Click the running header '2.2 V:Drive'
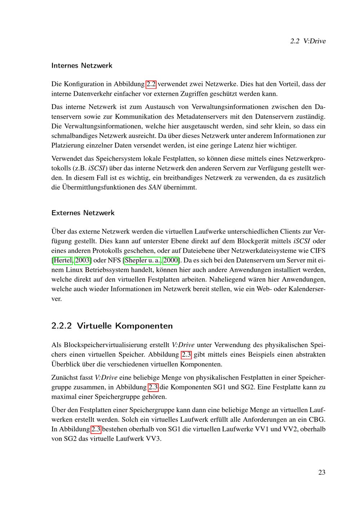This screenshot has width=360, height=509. pyautogui.click(x=307, y=41)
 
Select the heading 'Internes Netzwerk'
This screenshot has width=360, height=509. pyautogui.click(x=82, y=66)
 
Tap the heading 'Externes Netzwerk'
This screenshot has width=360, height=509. pyautogui.click(x=83, y=213)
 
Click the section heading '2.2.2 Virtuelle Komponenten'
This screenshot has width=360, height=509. pyautogui.click(x=112, y=326)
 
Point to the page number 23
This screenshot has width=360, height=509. pyautogui.click(x=321, y=472)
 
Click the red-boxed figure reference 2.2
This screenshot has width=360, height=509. pyautogui.click(x=151, y=84)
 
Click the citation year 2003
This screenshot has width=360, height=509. pyautogui.click(x=82, y=260)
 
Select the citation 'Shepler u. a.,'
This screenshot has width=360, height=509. pyautogui.click(x=143, y=260)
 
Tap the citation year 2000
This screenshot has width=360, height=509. pyautogui.click(x=171, y=260)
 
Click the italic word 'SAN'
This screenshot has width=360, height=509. pyautogui.click(x=155, y=188)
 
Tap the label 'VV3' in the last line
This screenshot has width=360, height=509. pyautogui.click(x=153, y=439)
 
